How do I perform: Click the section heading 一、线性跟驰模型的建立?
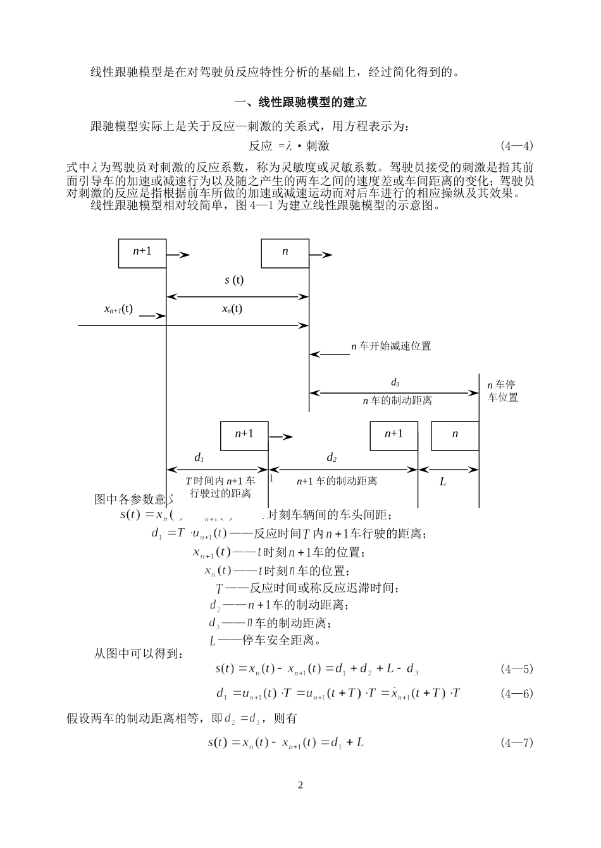[300, 102]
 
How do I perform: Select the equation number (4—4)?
[517, 146]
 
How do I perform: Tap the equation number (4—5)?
[517, 669]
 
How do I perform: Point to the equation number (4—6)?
[517, 693]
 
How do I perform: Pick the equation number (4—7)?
[517, 742]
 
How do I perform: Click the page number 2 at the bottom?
[300, 785]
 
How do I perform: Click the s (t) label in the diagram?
[234, 280]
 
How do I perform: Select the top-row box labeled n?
[285, 253]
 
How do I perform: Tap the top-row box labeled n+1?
[142, 253]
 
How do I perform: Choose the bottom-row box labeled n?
[455, 435]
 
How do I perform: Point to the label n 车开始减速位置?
[391, 346]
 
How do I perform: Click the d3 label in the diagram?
[395, 383]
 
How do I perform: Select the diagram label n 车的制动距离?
[397, 401]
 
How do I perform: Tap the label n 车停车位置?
[502, 391]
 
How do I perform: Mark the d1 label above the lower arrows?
[199, 457]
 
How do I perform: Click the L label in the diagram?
[443, 482]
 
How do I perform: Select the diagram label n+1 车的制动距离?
[337, 481]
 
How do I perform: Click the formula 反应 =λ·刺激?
[289, 146]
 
